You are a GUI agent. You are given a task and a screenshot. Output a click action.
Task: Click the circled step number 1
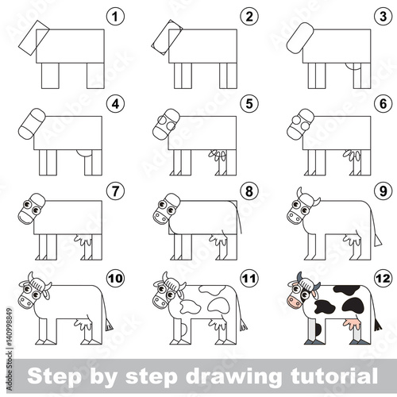pos(115,17)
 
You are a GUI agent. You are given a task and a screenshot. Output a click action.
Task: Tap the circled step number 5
pos(249,103)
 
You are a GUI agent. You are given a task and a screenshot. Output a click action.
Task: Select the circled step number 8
pos(249,191)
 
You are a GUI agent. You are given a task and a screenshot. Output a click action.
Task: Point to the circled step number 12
pos(383,278)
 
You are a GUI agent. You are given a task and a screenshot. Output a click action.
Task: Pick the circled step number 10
pos(115,278)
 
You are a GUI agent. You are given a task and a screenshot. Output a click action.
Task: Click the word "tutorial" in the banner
pos(334,376)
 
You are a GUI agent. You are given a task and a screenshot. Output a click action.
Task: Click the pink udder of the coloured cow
pos(352,323)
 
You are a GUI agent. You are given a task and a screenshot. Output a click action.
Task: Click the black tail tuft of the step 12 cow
pos(378,324)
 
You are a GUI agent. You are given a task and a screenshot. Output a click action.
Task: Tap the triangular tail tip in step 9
pos(377,241)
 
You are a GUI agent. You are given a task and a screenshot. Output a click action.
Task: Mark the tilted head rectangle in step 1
pos(34,38)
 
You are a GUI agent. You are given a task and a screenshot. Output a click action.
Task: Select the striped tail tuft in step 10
pos(109,325)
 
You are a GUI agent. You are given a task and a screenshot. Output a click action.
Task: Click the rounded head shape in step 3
pos(300,38)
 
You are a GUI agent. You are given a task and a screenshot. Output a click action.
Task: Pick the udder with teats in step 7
pos(83,240)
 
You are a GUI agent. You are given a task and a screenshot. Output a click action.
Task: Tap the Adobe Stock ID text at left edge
pos(10,349)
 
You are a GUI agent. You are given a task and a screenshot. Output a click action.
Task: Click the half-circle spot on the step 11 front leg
pos(184,330)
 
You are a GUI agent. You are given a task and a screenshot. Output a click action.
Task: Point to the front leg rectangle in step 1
pos(50,75)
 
